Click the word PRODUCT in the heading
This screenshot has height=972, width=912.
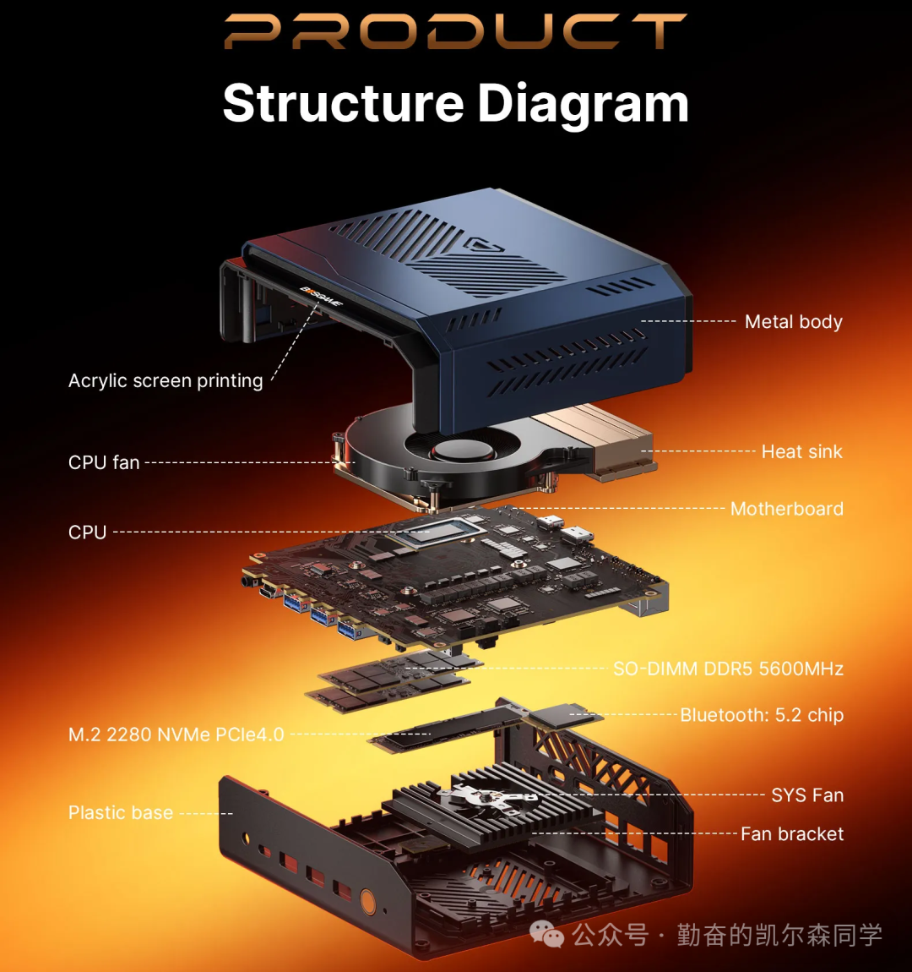pos(455,31)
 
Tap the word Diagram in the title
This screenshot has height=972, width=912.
pos(583,103)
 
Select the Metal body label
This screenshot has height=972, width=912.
pos(793,321)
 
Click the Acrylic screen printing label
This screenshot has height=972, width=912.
pos(166,380)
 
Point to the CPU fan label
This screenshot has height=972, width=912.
pos(104,462)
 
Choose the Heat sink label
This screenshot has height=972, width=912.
pos(801,451)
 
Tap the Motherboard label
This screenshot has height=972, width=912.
pos(786,509)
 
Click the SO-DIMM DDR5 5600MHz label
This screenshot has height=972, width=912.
pos(728,669)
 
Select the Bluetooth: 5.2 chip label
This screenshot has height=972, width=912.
pos(762,715)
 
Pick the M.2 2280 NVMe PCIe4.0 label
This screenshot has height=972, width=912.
pos(176,734)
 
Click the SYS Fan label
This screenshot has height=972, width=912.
pos(807,795)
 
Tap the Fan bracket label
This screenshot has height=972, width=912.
pos(792,834)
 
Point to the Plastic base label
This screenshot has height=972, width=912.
pos(121,813)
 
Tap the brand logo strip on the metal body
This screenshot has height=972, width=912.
pos(321,297)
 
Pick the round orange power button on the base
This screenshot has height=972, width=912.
pos(368,901)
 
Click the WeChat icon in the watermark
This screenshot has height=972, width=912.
pos(547,934)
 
